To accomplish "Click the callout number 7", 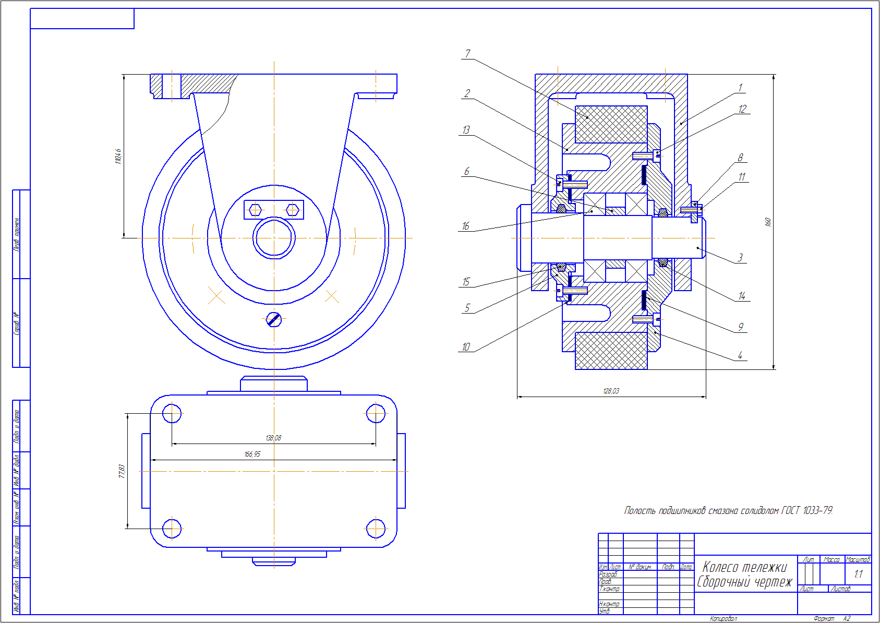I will [467, 54].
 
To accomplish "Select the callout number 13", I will [466, 130].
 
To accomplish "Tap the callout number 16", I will [465, 226].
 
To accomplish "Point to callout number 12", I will [742, 109].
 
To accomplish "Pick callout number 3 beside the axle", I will [740, 257].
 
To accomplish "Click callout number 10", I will [465, 347].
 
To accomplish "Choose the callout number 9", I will [740, 327].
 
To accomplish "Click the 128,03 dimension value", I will [611, 391].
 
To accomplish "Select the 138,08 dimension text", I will [273, 438].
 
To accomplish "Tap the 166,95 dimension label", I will [252, 454].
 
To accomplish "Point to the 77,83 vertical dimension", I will [122, 471].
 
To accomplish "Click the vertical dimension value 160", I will [767, 222].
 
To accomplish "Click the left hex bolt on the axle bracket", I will [255, 210].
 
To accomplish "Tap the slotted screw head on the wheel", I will [274, 319].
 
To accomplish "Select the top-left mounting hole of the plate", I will [172, 414].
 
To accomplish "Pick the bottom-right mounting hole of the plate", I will [376, 529].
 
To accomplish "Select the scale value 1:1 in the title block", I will [858, 574].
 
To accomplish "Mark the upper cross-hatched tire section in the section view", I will [611, 124].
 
